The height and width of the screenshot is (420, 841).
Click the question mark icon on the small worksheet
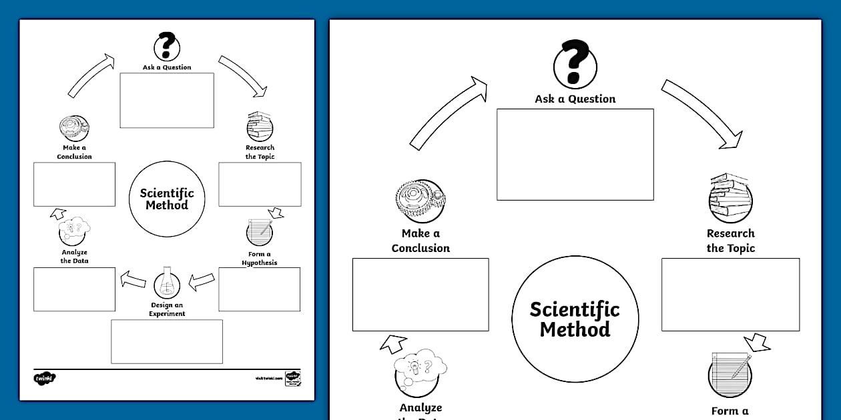click(x=167, y=46)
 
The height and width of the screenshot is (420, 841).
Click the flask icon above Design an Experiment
click(x=167, y=285)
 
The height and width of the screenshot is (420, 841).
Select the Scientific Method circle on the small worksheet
click(x=167, y=199)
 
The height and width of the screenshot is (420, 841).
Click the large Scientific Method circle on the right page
click(x=575, y=319)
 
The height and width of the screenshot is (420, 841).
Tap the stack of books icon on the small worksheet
click(x=260, y=126)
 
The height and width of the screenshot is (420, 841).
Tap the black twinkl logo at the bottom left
click(x=45, y=378)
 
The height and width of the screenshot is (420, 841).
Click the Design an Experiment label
click(x=167, y=309)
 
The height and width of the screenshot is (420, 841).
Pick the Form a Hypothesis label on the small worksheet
click(x=260, y=258)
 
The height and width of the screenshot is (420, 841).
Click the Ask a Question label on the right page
click(x=575, y=99)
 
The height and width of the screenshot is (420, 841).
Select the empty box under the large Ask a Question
click(x=575, y=154)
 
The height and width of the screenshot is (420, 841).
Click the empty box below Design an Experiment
click(x=167, y=341)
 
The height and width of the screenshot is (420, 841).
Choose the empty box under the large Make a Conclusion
click(x=420, y=294)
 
